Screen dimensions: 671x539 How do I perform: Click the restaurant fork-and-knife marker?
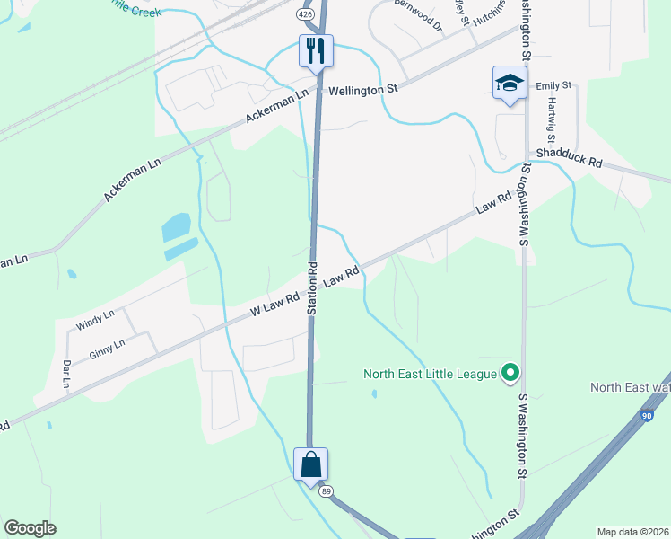[315, 50]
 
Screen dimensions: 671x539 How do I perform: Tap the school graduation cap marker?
[510, 84]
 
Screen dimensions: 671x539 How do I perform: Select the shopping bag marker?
[310, 464]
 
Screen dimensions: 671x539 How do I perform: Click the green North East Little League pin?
[510, 371]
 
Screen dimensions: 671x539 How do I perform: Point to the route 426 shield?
[306, 15]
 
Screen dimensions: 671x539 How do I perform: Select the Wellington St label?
[362, 90]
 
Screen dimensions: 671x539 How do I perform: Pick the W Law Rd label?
[274, 305]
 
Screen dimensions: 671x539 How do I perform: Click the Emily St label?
[553, 85]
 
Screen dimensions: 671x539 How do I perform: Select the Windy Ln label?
[95, 320]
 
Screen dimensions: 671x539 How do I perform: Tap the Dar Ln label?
[66, 374]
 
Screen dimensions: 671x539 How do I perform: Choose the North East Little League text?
[430, 373]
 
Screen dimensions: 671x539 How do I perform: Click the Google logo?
[30, 528]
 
